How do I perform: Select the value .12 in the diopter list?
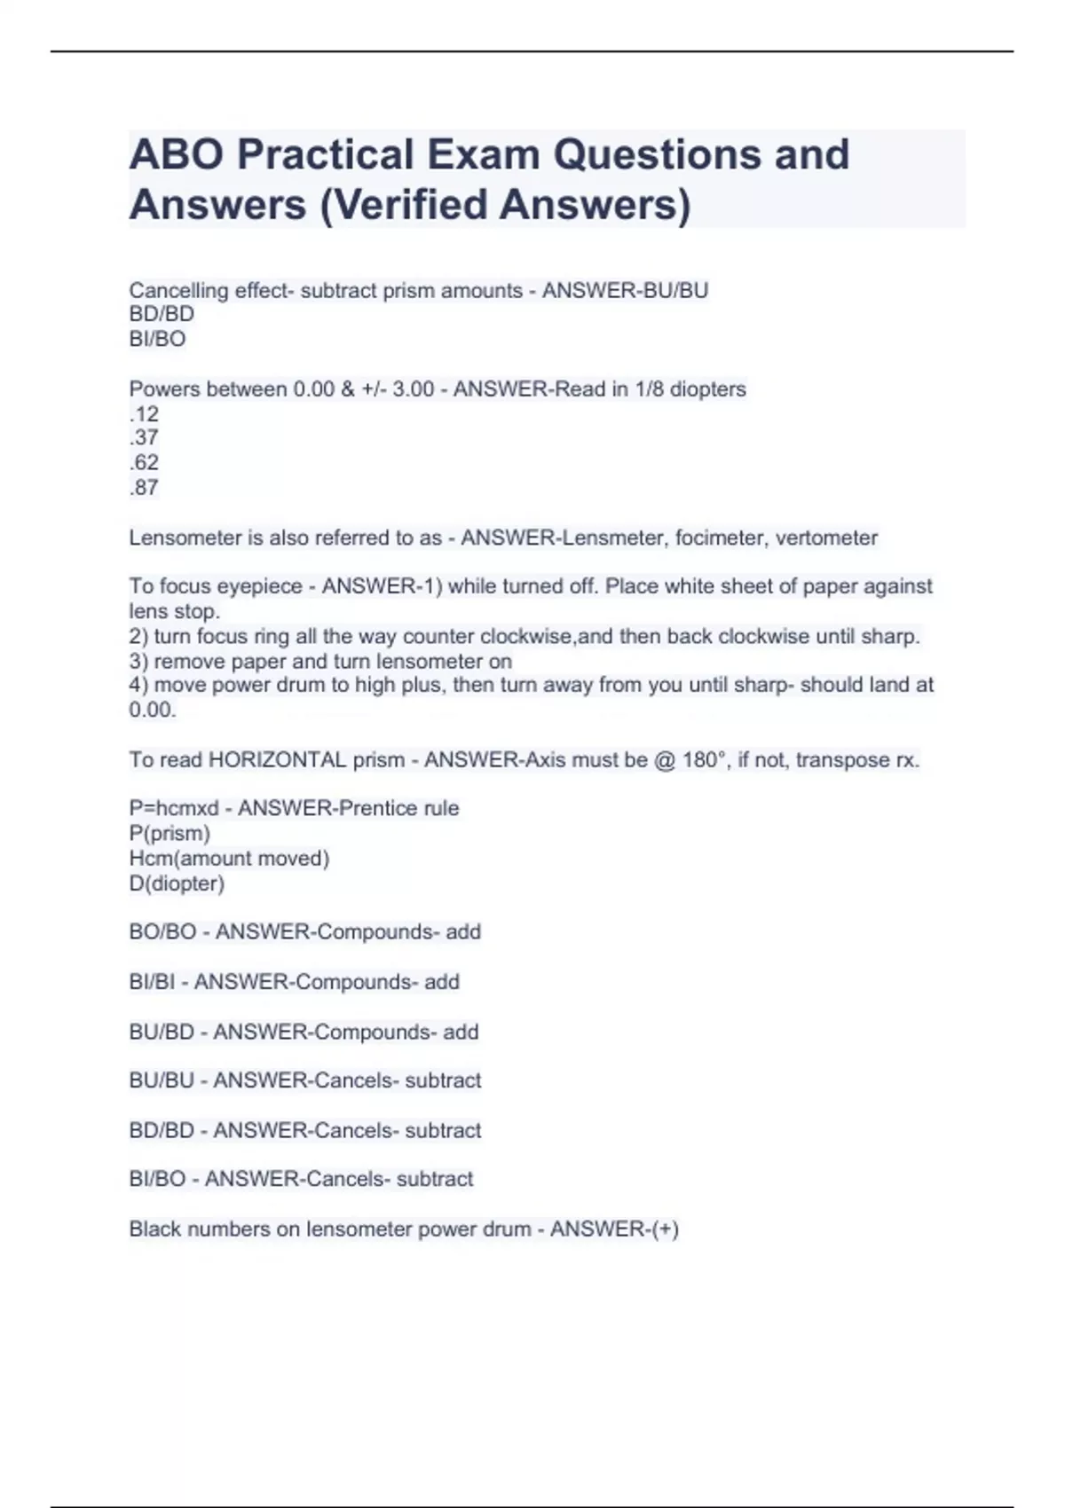click(x=144, y=413)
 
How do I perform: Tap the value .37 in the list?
click(x=144, y=437)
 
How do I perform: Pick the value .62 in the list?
click(x=144, y=462)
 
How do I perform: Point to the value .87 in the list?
click(x=144, y=487)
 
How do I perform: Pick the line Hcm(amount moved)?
click(x=229, y=859)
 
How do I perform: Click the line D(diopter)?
click(x=177, y=884)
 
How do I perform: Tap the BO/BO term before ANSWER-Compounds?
click(x=162, y=932)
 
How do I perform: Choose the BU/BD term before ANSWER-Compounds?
click(x=162, y=1033)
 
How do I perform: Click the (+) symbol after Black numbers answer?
click(x=665, y=1229)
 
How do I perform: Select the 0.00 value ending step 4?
click(x=152, y=710)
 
